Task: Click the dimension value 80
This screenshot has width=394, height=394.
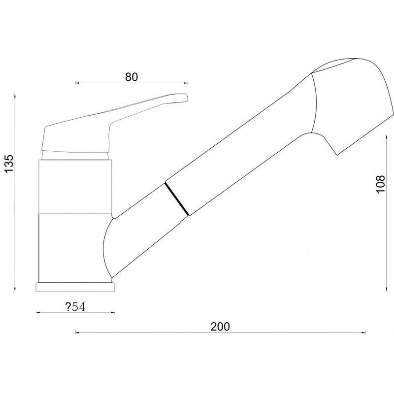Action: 131,77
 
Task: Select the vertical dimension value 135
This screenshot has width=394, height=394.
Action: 9,164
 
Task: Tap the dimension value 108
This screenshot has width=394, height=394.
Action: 381,184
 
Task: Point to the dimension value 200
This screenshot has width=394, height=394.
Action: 220,327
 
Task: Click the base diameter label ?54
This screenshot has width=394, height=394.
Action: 75,307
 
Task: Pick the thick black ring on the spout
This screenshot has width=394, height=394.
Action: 176,199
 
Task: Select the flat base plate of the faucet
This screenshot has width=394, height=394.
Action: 76,287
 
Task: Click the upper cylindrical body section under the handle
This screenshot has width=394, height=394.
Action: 75,187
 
